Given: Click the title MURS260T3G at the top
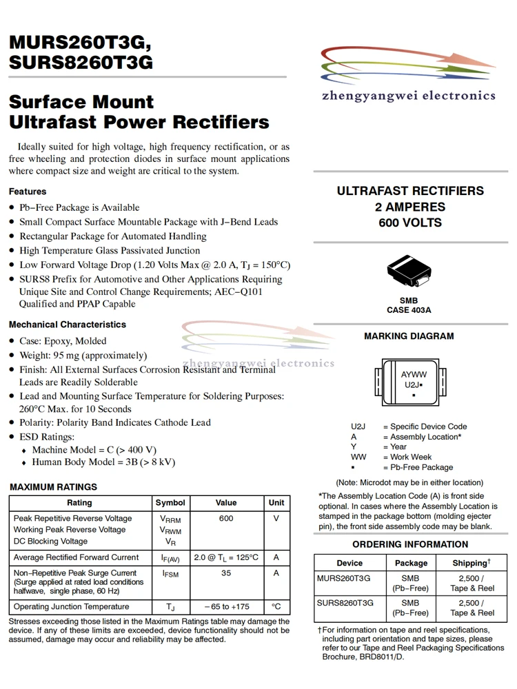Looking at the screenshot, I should click(x=79, y=43).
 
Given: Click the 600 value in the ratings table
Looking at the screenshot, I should click(x=225, y=519).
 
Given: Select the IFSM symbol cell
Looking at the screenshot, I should click(x=170, y=574).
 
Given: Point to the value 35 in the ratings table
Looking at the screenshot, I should click(x=225, y=573).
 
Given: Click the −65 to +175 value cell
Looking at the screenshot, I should click(x=225, y=607).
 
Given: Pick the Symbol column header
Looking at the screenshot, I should click(x=170, y=503).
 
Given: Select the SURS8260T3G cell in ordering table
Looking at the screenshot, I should click(x=345, y=603).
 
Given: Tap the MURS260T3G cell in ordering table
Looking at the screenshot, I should click(x=343, y=579).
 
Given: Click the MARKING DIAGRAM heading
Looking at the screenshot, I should click(x=409, y=336).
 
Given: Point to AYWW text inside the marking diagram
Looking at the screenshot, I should click(x=414, y=375).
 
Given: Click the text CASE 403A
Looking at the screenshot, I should click(x=409, y=310).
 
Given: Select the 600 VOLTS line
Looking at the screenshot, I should click(x=410, y=223).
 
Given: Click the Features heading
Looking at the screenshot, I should click(x=28, y=192).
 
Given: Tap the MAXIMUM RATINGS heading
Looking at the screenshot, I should click(x=53, y=487).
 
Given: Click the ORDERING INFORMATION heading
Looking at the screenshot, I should click(x=410, y=544).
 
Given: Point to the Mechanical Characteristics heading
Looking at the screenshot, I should click(x=68, y=325).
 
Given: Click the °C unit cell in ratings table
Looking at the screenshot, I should click(x=276, y=607).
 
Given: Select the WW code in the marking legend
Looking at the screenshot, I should click(x=358, y=457).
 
